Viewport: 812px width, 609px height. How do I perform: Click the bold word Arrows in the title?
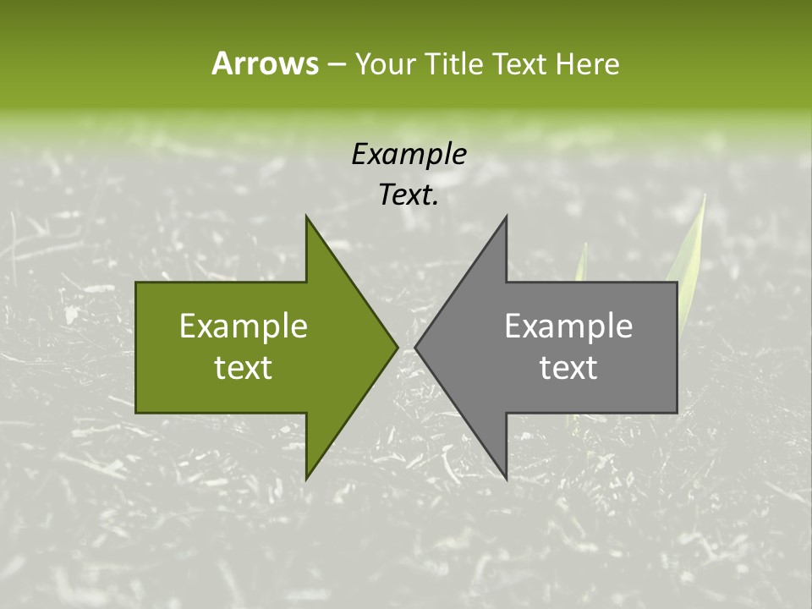point(265,63)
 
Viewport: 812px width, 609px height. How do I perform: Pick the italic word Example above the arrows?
point(409,154)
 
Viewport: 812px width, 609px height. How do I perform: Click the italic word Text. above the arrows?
point(409,195)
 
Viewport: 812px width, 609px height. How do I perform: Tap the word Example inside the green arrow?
point(244,326)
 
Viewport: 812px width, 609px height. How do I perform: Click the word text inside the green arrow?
point(244,368)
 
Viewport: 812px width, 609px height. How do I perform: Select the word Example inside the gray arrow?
point(568,326)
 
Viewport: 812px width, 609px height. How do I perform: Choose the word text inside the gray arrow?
point(568,368)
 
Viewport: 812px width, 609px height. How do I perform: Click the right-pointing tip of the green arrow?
point(397,347)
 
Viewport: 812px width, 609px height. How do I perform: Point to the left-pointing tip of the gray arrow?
point(416,347)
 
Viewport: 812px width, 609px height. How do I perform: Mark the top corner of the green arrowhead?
point(307,217)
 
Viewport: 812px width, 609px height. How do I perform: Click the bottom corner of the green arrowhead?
point(307,478)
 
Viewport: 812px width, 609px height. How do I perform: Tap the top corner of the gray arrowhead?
point(506,217)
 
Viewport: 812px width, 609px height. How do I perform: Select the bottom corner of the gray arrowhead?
point(506,478)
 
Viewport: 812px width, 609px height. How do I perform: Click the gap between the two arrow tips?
point(407,347)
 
